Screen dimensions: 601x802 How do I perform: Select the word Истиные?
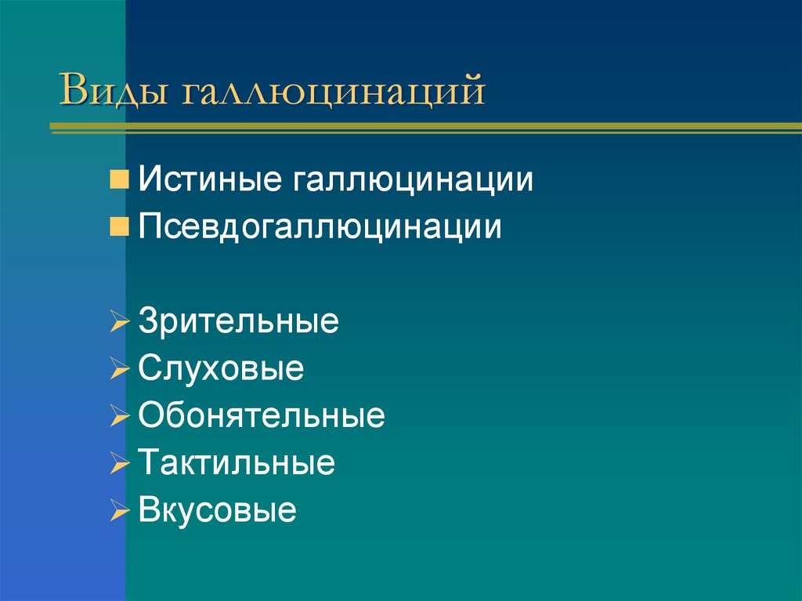[x=211, y=181]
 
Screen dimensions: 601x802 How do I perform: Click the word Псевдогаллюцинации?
[x=320, y=228]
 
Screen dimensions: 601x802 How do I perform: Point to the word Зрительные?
[x=238, y=322]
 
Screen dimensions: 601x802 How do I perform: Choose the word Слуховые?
[x=221, y=369]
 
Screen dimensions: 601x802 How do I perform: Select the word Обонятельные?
[x=262, y=416]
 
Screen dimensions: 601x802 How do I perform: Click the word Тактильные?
[x=237, y=463]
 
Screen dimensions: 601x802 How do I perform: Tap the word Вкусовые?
[x=217, y=510]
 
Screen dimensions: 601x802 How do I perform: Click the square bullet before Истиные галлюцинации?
[x=119, y=182]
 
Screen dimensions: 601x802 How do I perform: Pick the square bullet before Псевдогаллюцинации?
[x=119, y=228]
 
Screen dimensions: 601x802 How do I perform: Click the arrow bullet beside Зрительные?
[x=119, y=323]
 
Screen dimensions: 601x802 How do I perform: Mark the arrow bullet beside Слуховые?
[x=119, y=370]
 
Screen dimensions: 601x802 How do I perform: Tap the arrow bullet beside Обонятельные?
[x=119, y=417]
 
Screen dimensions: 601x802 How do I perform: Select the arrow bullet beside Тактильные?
[x=119, y=464]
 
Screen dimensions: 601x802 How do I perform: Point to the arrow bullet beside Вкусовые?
[x=119, y=511]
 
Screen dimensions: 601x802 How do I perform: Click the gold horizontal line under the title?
[x=423, y=125]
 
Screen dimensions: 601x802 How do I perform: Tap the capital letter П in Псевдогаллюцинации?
[x=149, y=228]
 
